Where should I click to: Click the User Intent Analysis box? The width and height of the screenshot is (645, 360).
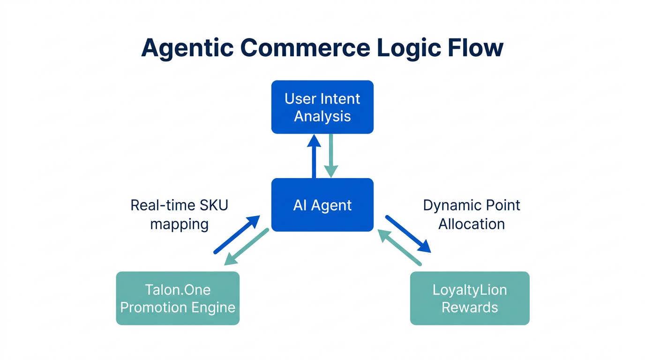coord(322,107)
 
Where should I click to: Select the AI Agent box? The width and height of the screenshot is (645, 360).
coord(322,205)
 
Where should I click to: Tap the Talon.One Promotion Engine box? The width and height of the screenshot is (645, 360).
coord(178,298)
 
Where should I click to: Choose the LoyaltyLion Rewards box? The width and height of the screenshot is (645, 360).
coord(470,298)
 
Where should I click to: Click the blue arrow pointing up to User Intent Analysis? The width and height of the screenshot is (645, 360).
coord(314,157)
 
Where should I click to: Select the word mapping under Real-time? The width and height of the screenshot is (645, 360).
coord(179,224)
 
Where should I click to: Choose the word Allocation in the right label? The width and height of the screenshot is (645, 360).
coord(471,224)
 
